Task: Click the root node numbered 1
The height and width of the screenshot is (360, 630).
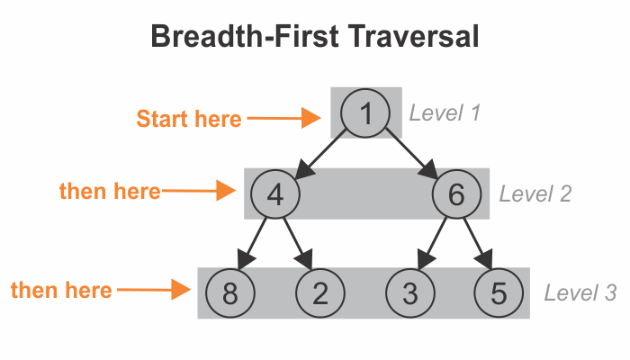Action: click(365, 113)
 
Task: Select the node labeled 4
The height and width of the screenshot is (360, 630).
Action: click(275, 194)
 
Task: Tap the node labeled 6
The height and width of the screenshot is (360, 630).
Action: click(456, 194)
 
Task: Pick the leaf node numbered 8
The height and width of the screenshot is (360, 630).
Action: click(230, 293)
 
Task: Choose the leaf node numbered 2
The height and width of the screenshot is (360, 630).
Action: click(320, 293)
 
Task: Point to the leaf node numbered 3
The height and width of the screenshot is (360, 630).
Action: click(410, 293)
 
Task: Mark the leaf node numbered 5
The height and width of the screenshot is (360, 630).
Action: click(499, 293)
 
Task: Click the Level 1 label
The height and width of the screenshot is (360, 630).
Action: click(445, 112)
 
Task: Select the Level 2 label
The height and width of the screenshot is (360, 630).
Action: click(535, 194)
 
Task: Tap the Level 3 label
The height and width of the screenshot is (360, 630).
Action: click(580, 292)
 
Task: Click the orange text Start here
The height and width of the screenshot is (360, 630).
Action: click(189, 119)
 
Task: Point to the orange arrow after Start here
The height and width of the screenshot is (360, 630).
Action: click(284, 118)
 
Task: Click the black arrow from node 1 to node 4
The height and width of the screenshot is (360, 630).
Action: click(319, 154)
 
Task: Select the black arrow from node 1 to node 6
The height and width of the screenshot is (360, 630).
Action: click(411, 154)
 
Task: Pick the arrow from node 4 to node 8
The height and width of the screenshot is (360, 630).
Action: click(252, 244)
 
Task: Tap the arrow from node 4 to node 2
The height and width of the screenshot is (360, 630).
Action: click(298, 244)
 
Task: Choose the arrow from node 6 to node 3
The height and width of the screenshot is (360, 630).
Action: click(432, 244)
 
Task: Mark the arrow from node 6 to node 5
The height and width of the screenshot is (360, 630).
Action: click(478, 244)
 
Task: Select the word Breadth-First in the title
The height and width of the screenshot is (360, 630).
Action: click(245, 36)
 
